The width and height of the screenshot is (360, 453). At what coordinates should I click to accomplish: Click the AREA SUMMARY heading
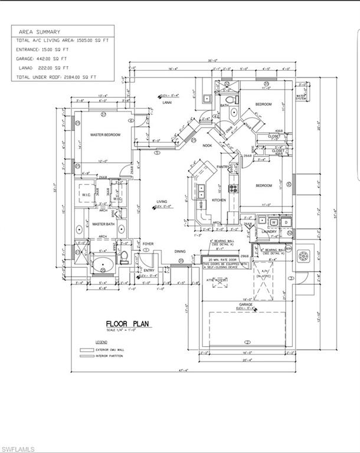pyautogui.click(x=40, y=31)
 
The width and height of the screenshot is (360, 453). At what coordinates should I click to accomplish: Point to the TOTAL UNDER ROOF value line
pyautogui.click(x=56, y=77)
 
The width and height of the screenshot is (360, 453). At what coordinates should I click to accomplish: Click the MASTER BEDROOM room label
pyautogui.click(x=105, y=135)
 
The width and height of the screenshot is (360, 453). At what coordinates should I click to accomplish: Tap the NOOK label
pyautogui.click(x=207, y=145)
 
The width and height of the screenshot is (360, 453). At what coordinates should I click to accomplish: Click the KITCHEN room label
pyautogui.click(x=219, y=201)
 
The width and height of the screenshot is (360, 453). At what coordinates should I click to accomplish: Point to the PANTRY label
pyautogui.click(x=222, y=167)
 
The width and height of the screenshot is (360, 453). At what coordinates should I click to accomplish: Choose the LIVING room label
pyautogui.click(x=162, y=202)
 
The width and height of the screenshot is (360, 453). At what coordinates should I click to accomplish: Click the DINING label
pyautogui.click(x=180, y=251)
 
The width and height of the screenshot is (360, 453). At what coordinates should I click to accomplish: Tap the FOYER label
pyautogui.click(x=148, y=244)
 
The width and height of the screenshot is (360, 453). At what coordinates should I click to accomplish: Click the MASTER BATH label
pyautogui.click(x=103, y=224)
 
